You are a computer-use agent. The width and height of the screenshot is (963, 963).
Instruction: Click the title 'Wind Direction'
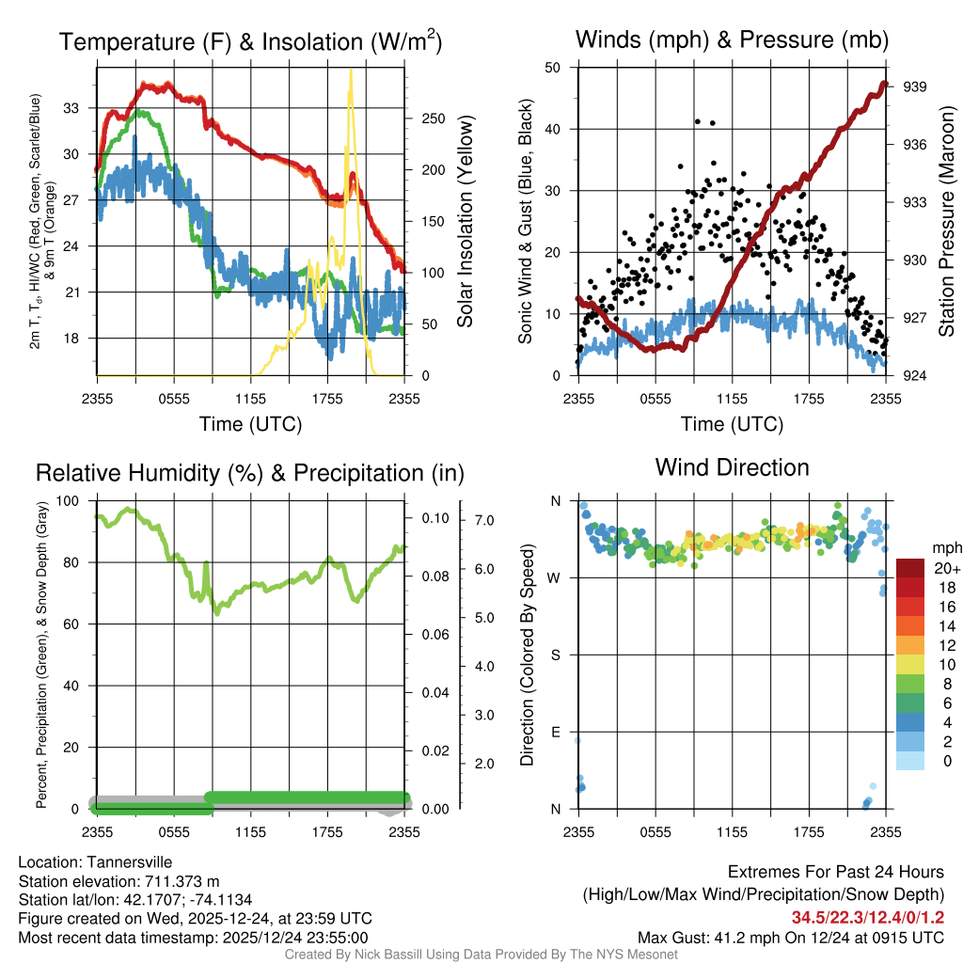pyautogui.click(x=732, y=467)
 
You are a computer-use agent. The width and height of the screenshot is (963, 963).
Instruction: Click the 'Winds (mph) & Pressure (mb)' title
pyautogui.click(x=732, y=40)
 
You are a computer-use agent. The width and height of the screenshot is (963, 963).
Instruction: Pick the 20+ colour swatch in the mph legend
pyautogui.click(x=911, y=568)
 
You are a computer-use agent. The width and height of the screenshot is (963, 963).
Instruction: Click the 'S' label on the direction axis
pyautogui.click(x=556, y=655)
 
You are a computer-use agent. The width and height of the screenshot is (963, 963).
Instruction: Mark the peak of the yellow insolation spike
pyautogui.click(x=351, y=71)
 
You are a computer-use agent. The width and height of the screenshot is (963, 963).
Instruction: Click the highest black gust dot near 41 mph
pyautogui.click(x=697, y=121)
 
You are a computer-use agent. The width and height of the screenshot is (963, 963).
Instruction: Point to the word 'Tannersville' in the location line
pyautogui.click(x=129, y=862)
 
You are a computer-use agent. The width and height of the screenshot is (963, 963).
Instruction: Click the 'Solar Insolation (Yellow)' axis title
pyautogui.click(x=465, y=222)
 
